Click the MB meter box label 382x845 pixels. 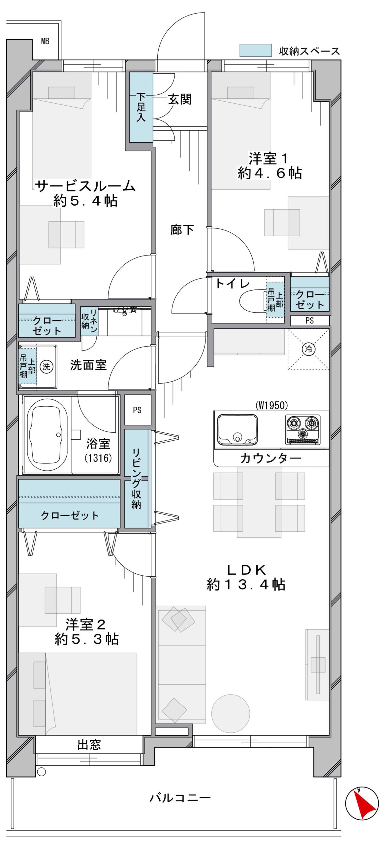pyautogui.click(x=45, y=41)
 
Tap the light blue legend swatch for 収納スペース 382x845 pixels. pyautogui.click(x=255, y=51)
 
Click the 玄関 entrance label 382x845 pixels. pyautogui.click(x=180, y=99)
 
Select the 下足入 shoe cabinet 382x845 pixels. pyautogui.click(x=141, y=107)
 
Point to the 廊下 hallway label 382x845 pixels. pyautogui.click(x=182, y=230)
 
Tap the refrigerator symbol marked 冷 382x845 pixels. pyautogui.click(x=308, y=349)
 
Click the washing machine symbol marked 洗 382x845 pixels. pyautogui.click(x=46, y=366)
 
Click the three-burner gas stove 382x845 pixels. pyautogui.click(x=302, y=429)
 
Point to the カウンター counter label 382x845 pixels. pyautogui.click(x=271, y=458)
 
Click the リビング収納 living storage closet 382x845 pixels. pyautogui.click(x=136, y=478)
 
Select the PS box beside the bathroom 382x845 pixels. pyautogui.click(x=137, y=410)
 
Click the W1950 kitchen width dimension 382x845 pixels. pyautogui.click(x=272, y=405)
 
